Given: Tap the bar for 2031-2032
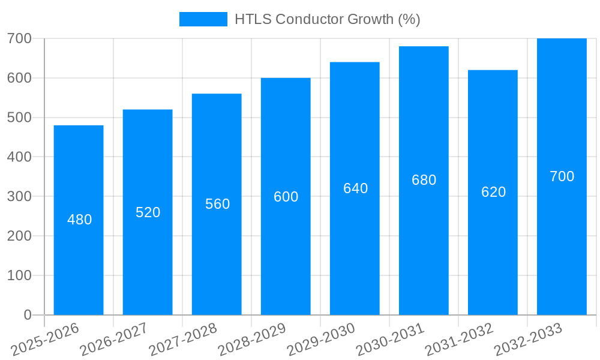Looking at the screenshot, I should tap(493, 252).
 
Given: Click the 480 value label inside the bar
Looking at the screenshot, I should tap(80, 220).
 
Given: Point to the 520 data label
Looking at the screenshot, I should tap(148, 212).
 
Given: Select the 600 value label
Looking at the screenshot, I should tap(286, 197).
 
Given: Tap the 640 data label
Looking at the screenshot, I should tap(356, 188).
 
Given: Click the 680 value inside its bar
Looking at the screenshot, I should tap(424, 180).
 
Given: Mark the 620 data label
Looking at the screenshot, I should tap(494, 192).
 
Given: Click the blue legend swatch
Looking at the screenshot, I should tap(203, 19).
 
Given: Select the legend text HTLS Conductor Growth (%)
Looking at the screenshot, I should tap(327, 19).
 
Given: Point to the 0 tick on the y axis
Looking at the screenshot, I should tap(27, 315).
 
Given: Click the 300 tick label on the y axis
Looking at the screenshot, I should tap(19, 196).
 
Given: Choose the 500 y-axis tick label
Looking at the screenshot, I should tap(19, 118).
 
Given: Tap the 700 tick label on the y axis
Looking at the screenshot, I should tap(19, 38).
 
